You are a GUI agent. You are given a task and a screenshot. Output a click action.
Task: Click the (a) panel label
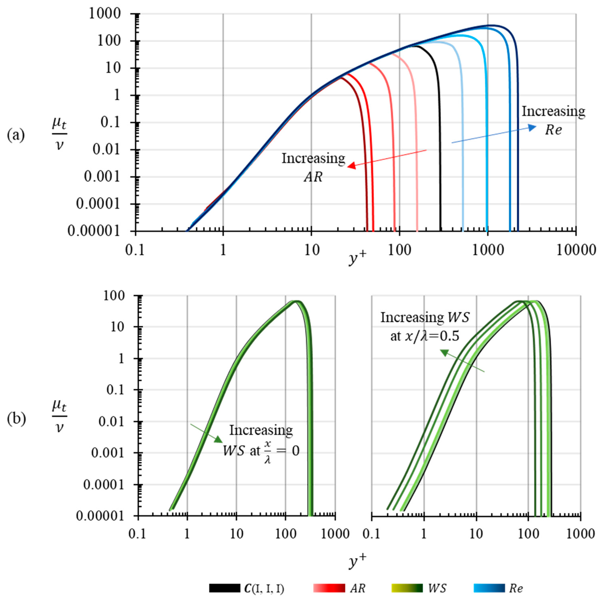pyautogui.click(x=15, y=135)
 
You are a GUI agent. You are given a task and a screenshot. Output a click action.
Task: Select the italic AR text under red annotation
pyautogui.click(x=313, y=177)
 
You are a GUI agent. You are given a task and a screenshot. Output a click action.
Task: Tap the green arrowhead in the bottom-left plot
pyautogui.click(x=219, y=439)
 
